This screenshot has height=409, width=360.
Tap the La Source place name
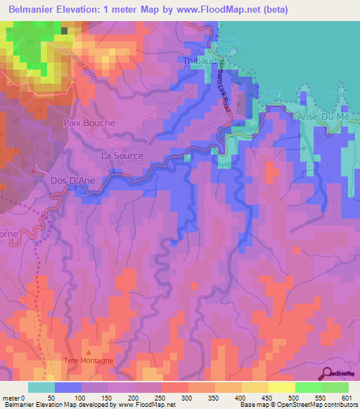[122, 155]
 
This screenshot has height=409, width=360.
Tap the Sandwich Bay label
[226, 46]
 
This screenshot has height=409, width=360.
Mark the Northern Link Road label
[224, 91]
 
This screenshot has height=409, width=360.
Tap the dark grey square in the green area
[65, 30]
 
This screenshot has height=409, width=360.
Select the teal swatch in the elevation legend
[41, 387]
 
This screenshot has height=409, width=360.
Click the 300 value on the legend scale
[188, 398]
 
